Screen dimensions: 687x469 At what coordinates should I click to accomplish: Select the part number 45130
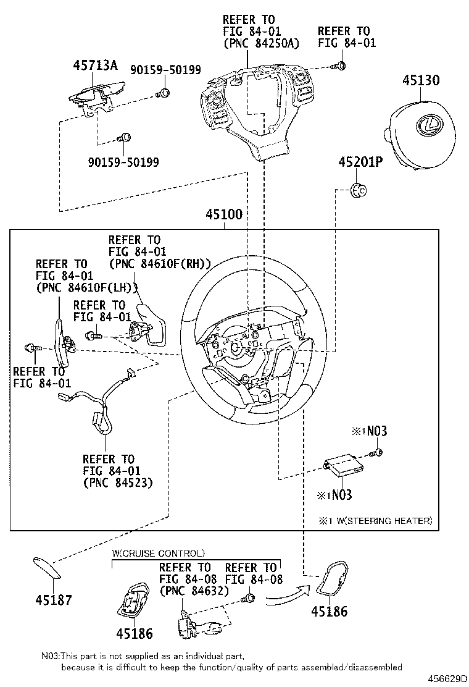[421, 80]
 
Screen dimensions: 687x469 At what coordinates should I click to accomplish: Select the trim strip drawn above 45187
[48, 568]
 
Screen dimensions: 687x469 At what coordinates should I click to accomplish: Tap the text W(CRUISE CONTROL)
[159, 553]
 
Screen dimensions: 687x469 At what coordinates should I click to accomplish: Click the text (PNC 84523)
[117, 482]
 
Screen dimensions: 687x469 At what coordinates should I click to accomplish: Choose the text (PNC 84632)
[194, 591]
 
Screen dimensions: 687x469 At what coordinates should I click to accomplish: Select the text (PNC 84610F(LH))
[86, 287]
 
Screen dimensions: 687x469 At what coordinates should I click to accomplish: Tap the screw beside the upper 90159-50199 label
[164, 93]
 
